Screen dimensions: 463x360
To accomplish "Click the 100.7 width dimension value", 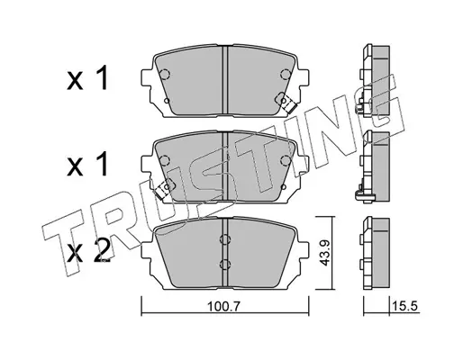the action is (x=224, y=306).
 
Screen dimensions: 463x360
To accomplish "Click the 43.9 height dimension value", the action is (x=324, y=253).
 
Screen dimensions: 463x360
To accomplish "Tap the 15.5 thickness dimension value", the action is (x=404, y=306).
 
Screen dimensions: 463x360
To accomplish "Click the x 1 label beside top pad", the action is (x=86, y=78).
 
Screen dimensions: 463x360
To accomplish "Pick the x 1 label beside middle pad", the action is (x=86, y=164).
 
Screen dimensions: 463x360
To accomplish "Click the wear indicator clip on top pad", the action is (x=286, y=103).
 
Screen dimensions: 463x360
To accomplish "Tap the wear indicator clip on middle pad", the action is (x=164, y=189).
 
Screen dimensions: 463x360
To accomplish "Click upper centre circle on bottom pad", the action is (x=225, y=239).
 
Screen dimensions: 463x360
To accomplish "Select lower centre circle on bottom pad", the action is (x=225, y=264).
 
